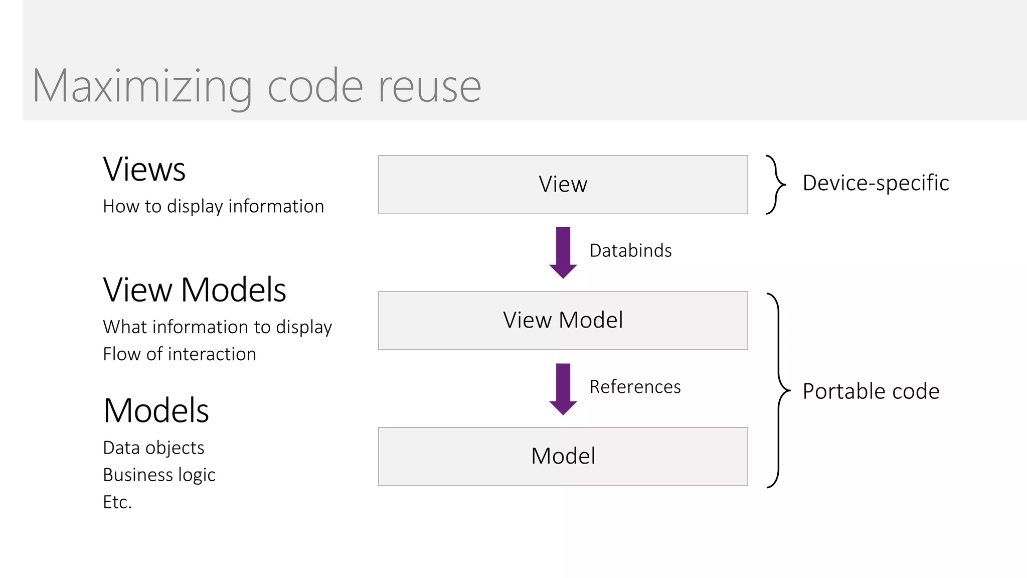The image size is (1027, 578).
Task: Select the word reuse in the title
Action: coord(429,86)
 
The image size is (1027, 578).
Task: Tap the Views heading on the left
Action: coord(144,169)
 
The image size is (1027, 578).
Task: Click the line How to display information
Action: coord(213,206)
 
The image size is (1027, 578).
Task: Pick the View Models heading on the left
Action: coord(195,290)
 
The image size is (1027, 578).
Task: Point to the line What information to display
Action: coord(217,327)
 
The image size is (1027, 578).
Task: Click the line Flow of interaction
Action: coord(180,354)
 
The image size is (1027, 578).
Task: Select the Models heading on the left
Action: coord(156,410)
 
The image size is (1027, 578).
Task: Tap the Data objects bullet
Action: coord(153,448)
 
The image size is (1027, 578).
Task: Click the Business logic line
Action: coord(159,475)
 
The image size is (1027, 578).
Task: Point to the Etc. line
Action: coord(117,502)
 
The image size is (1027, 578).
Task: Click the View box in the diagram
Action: coord(563,184)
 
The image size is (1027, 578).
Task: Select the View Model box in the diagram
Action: coord(563,320)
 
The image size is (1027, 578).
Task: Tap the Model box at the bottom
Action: coord(563,456)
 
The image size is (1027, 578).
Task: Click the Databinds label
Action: coord(630,250)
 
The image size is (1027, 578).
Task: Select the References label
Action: coord(635,387)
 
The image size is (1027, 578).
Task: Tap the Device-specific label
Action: coord(876,183)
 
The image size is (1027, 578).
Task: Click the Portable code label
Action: coord(871,391)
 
